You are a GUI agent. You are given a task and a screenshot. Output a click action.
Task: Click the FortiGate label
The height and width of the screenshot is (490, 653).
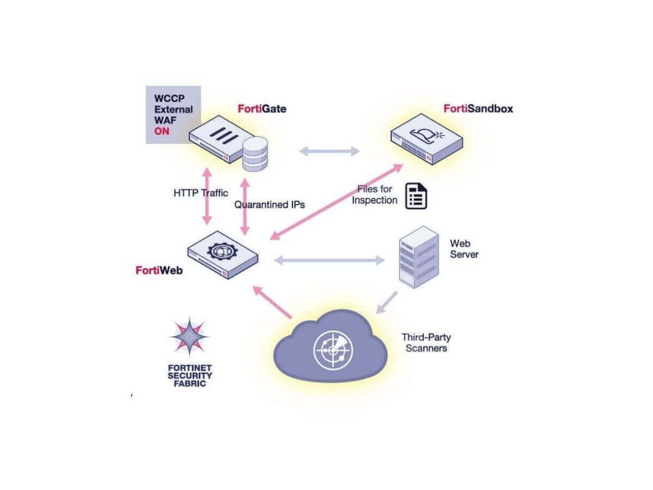pos(262,109)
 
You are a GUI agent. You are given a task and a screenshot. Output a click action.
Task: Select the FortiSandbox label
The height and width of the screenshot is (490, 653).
pos(478,108)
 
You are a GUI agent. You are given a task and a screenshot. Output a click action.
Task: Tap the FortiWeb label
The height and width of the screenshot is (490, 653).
pos(159,269)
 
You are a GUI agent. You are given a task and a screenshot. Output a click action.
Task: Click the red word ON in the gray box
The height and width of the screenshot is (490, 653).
pos(162,131)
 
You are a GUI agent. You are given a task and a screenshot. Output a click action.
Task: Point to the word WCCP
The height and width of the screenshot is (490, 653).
pos(169,99)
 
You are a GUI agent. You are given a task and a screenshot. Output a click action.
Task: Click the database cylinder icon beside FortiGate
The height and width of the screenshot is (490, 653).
pos(255,154)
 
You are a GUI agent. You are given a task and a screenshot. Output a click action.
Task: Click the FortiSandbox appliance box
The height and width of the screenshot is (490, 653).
pos(427,139)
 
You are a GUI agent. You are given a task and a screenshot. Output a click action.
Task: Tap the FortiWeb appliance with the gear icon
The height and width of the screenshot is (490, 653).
pos(223,254)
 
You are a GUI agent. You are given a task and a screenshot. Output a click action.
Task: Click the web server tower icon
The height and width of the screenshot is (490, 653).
pos(418,256)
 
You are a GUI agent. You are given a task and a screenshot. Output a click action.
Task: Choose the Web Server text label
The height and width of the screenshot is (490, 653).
pos(464,249)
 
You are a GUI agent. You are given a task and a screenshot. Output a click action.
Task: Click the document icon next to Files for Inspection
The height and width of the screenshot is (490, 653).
pos(416,196)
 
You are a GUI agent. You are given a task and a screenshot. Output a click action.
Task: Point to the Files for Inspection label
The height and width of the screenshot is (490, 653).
pos(374,194)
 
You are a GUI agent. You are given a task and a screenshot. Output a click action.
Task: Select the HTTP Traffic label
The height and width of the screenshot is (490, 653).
pos(201,193)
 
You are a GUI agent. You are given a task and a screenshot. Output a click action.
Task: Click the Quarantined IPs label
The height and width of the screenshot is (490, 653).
pos(269,205)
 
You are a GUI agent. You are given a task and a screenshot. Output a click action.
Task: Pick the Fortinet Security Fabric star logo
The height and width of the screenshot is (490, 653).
pos(189,336)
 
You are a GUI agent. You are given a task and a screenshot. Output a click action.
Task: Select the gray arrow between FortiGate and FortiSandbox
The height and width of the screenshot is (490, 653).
pos(329,151)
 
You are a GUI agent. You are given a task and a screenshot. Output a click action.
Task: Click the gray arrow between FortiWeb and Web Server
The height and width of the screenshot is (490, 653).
pos(329,260)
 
